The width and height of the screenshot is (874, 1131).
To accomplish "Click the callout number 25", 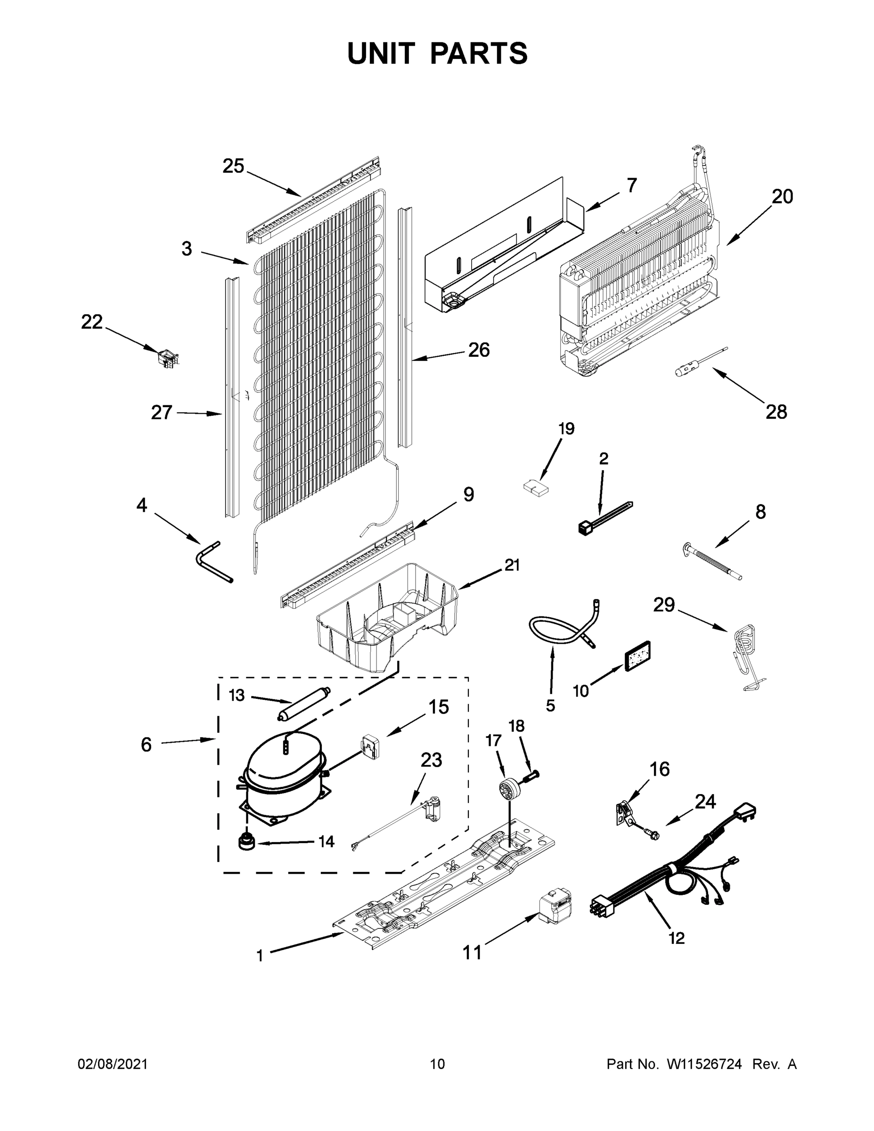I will [233, 166].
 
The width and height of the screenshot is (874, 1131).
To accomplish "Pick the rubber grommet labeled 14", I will [247, 842].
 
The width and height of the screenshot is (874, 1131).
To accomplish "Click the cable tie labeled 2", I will [603, 518].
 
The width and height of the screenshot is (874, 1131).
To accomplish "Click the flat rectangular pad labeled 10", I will [638, 656].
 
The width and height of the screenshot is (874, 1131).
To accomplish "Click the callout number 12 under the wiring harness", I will [676, 938].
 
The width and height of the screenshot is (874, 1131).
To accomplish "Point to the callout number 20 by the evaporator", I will [782, 197].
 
